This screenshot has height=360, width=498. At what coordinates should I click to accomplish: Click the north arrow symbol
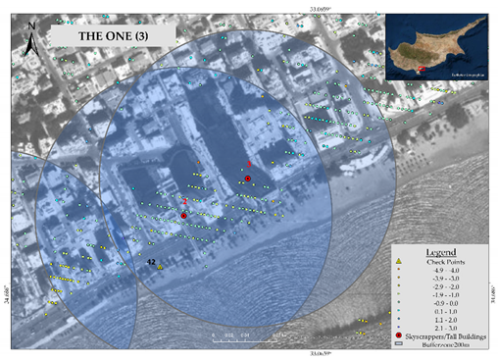click(30, 42)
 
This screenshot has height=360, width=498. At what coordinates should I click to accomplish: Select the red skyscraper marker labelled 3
click(248, 178)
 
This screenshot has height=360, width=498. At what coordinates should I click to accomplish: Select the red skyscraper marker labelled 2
click(183, 215)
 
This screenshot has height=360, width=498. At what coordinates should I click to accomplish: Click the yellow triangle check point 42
click(160, 266)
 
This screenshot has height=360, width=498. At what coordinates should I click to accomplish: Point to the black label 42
click(151, 261)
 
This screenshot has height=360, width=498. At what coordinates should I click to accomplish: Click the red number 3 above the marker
click(249, 164)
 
